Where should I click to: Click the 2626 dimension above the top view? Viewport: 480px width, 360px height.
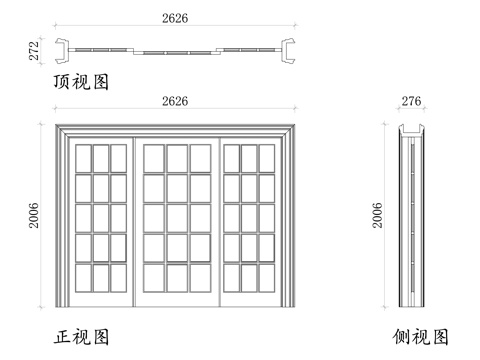(x=176, y=18)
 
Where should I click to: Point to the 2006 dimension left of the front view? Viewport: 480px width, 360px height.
(x=34, y=213)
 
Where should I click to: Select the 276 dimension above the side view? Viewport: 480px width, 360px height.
(x=410, y=102)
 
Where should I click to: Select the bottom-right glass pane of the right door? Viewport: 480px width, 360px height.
(x=266, y=277)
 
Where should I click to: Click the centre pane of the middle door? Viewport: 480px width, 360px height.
(x=176, y=217)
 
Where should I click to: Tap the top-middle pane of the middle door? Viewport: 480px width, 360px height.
(x=176, y=158)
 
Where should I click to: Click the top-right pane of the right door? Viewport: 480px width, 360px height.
(x=266, y=158)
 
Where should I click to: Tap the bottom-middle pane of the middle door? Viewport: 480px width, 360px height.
(x=176, y=277)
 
